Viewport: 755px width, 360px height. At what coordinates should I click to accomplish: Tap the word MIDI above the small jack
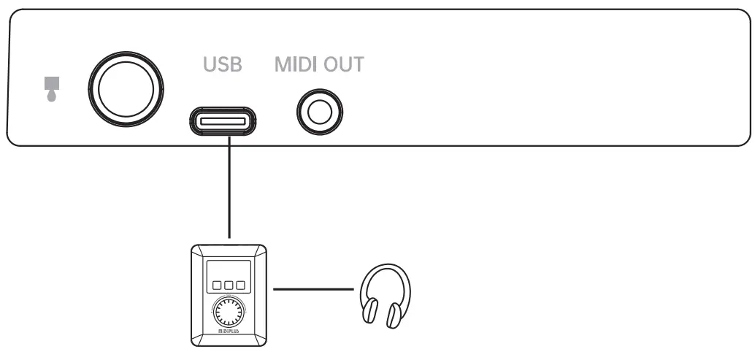296,66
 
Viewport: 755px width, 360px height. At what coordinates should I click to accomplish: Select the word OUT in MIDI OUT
342,66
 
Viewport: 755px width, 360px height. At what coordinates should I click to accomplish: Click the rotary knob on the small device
227,313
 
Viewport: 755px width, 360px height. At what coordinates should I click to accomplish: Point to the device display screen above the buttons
227,267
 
